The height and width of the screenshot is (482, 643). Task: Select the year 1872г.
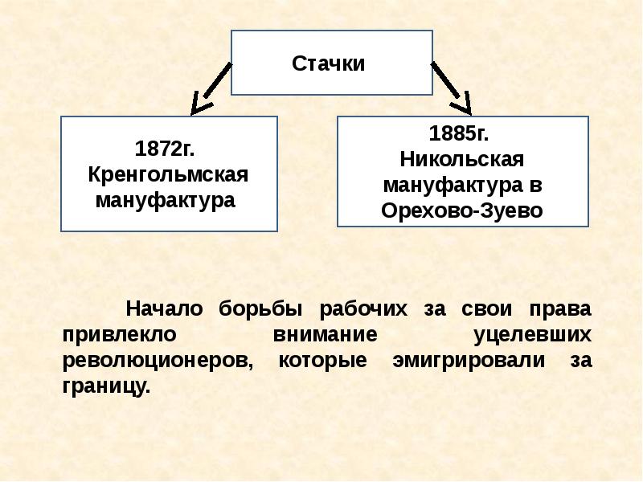(x=166, y=149)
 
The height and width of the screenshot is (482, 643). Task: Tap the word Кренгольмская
(x=168, y=174)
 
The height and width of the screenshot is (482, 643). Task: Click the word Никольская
(x=461, y=158)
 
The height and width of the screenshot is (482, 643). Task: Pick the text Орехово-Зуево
(x=462, y=210)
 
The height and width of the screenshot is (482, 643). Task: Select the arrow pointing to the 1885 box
(x=453, y=89)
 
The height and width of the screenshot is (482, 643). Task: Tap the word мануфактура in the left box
(x=166, y=199)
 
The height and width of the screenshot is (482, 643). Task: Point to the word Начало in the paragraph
(x=163, y=309)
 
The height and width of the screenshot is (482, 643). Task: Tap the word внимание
(x=317, y=334)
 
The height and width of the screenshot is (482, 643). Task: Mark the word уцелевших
(x=531, y=334)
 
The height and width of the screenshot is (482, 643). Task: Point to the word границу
(x=104, y=385)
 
